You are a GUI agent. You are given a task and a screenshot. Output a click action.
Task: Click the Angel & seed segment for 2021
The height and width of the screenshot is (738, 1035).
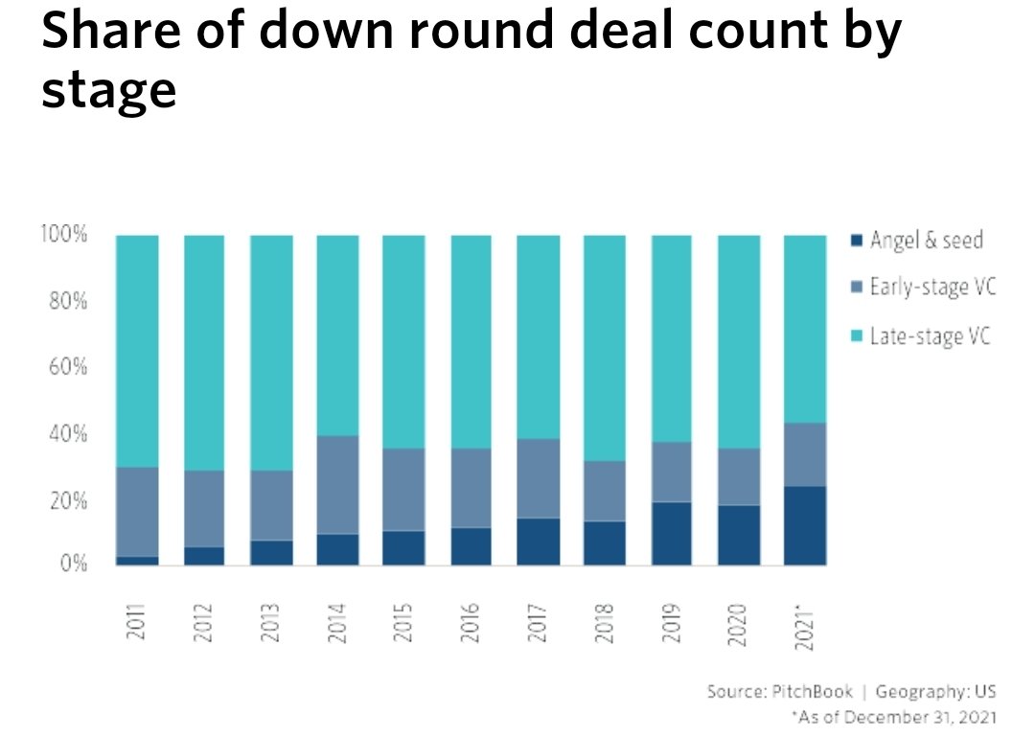(x=805, y=525)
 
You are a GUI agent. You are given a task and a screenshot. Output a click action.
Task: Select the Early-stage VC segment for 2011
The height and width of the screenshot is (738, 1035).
(x=137, y=512)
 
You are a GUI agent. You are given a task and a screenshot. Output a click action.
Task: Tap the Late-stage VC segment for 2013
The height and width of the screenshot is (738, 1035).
(x=271, y=353)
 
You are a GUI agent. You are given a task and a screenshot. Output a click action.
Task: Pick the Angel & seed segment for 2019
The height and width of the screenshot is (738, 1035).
(x=671, y=533)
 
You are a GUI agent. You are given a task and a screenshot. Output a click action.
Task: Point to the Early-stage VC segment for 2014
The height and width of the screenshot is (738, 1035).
(x=338, y=485)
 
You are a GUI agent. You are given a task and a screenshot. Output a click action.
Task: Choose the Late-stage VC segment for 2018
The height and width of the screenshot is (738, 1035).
(x=605, y=348)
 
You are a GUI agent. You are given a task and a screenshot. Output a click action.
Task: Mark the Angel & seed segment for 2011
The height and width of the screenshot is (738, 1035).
(x=137, y=561)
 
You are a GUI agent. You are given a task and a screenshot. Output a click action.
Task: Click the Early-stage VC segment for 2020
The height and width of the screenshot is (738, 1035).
(x=739, y=476)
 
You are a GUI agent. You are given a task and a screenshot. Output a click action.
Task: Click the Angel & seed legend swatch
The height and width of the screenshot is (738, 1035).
(x=857, y=240)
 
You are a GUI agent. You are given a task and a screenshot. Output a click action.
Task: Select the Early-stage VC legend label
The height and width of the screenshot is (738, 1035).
(x=932, y=288)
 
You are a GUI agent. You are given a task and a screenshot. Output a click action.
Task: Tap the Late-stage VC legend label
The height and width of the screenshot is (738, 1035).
(x=930, y=336)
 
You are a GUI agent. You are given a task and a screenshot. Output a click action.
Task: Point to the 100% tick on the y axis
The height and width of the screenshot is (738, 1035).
(x=63, y=234)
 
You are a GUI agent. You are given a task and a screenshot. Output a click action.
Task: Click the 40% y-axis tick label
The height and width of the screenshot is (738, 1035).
(x=68, y=433)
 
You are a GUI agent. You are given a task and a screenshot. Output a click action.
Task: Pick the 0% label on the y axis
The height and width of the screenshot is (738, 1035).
(x=73, y=563)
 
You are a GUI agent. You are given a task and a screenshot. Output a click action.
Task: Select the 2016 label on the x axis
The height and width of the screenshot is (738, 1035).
(x=470, y=622)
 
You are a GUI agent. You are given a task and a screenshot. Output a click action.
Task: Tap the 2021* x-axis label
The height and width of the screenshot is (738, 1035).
(x=805, y=627)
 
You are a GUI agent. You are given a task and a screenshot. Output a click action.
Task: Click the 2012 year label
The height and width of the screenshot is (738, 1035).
(x=203, y=622)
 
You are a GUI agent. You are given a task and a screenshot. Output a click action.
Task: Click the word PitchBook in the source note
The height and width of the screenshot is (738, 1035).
(x=812, y=691)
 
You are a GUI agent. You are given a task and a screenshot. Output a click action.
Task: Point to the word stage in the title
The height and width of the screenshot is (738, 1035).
(x=109, y=91)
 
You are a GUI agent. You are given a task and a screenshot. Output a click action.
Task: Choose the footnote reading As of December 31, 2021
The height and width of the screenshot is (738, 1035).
(x=894, y=717)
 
